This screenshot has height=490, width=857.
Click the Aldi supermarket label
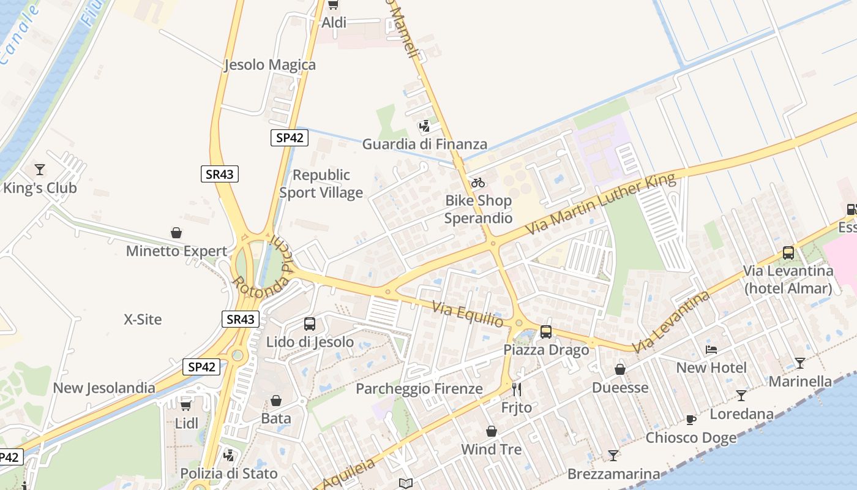pyautogui.click(x=334, y=23)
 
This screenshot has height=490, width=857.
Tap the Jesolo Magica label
pyautogui.click(x=270, y=65)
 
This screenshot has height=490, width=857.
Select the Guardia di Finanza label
pyautogui.click(x=425, y=145)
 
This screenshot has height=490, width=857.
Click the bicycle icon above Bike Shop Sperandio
pyautogui.click(x=478, y=183)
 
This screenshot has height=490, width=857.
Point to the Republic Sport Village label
pyautogui.click(x=321, y=184)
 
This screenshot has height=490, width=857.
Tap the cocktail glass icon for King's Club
pyautogui.click(x=40, y=170)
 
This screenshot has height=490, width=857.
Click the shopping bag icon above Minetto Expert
pyautogui.click(x=176, y=233)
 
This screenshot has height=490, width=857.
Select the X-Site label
pyautogui.click(x=143, y=319)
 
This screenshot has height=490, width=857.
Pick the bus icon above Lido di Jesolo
pyautogui.click(x=310, y=324)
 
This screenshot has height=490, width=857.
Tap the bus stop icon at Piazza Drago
pyautogui.click(x=546, y=332)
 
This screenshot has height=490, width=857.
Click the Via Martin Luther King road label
pyautogui.click(x=601, y=204)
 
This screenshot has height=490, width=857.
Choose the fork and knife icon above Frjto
pyautogui.click(x=517, y=390)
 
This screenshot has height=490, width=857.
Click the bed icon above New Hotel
pyautogui.click(x=711, y=350)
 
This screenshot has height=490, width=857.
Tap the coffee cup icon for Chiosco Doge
pyautogui.click(x=691, y=420)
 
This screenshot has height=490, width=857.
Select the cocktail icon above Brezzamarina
pyautogui.click(x=613, y=456)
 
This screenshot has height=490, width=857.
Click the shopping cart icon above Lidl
pyautogui.click(x=186, y=405)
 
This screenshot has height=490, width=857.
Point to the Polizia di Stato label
pyautogui.click(x=229, y=473)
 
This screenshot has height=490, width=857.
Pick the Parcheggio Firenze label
pyautogui.click(x=419, y=389)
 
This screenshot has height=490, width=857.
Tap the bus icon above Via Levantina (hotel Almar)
pyautogui.click(x=788, y=253)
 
